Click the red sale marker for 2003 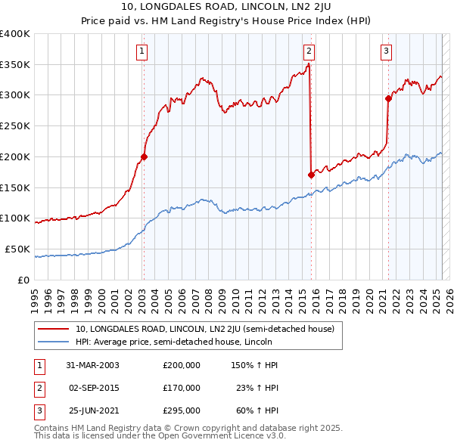point(144,157)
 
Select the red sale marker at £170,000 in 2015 point(311,175)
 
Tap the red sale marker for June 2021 point(388,98)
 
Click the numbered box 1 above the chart point(142,51)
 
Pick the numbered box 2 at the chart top point(309,51)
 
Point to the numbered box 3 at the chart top point(386,51)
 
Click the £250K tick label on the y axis point(15,125)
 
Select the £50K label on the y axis point(18,249)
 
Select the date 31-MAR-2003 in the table point(92,365)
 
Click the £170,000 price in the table point(182,388)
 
